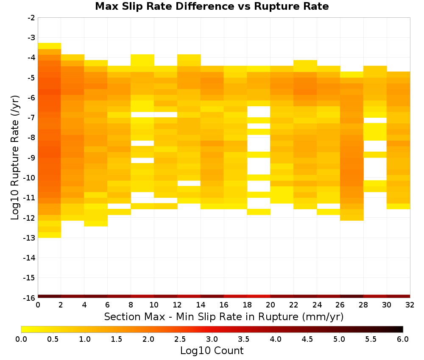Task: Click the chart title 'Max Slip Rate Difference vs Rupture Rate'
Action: [212, 6]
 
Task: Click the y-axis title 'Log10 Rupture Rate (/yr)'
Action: [15, 158]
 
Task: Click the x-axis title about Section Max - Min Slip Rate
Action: [224, 317]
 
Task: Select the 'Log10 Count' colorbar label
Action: [212, 351]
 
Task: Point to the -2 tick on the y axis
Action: [31, 18]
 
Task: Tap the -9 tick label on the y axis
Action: [31, 158]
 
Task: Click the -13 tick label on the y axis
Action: [30, 238]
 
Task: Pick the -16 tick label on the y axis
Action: [30, 298]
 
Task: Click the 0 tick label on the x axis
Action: [38, 305]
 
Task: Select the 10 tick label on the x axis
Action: [154, 305]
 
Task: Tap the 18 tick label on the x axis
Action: [247, 305]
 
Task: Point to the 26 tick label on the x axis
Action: [340, 305]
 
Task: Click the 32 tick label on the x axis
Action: [410, 305]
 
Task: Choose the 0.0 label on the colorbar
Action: [21, 339]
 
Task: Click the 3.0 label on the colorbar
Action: [212, 339]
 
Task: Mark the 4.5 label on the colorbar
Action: [307, 339]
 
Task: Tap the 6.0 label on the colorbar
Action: [403, 339]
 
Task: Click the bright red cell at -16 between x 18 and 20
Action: [259, 296]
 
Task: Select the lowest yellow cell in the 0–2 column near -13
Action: [50, 235]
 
